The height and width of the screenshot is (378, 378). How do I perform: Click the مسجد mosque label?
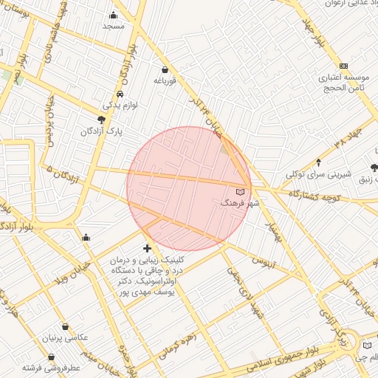click(113, 26)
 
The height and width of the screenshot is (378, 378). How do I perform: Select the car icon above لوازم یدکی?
click(120, 94)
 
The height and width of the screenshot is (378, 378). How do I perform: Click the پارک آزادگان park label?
click(102, 131)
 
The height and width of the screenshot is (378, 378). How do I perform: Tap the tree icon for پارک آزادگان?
click(101, 120)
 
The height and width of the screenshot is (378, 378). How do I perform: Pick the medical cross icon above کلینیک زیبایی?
click(147, 249)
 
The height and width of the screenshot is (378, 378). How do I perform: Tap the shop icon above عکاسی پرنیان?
click(66, 326)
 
